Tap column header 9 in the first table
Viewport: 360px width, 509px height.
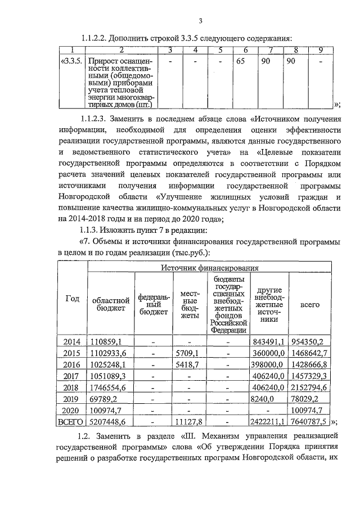click(x=319, y=51)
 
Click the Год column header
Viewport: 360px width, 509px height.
click(x=72, y=299)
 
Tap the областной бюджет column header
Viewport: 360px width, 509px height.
click(x=111, y=304)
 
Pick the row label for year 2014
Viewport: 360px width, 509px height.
click(x=72, y=341)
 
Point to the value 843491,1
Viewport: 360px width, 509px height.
click(x=269, y=341)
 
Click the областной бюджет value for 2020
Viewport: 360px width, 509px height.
click(x=106, y=412)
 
